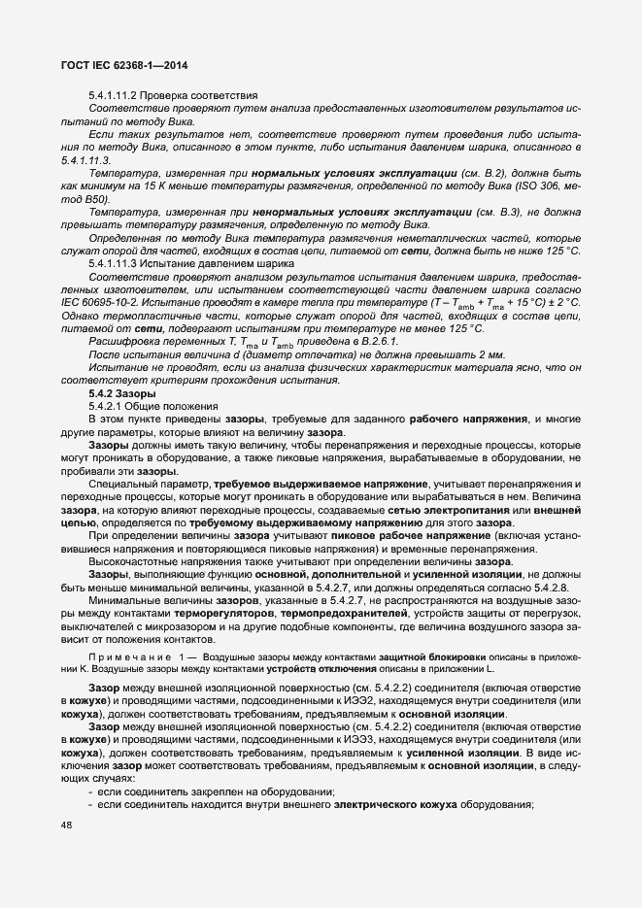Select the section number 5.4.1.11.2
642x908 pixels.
[x=118, y=96]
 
